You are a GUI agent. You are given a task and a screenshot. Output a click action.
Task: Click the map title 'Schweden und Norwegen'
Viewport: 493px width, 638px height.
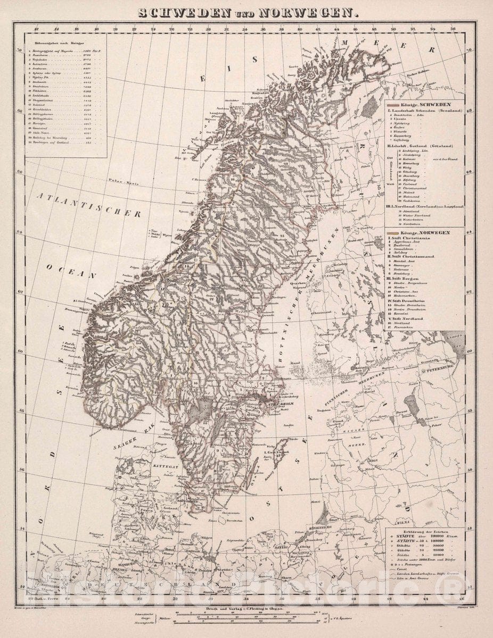pos(246,13)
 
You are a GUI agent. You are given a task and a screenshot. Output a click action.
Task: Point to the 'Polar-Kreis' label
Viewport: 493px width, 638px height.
pos(122,181)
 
